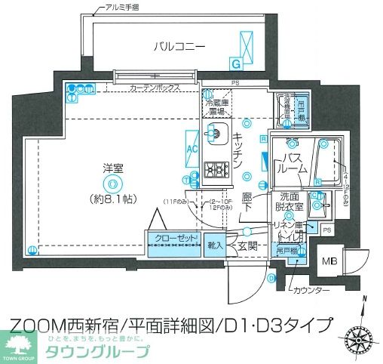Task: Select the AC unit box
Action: pos(191,148)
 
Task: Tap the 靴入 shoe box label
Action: pos(214,243)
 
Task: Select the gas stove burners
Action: pos(217,170)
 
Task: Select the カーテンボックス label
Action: pos(155,88)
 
